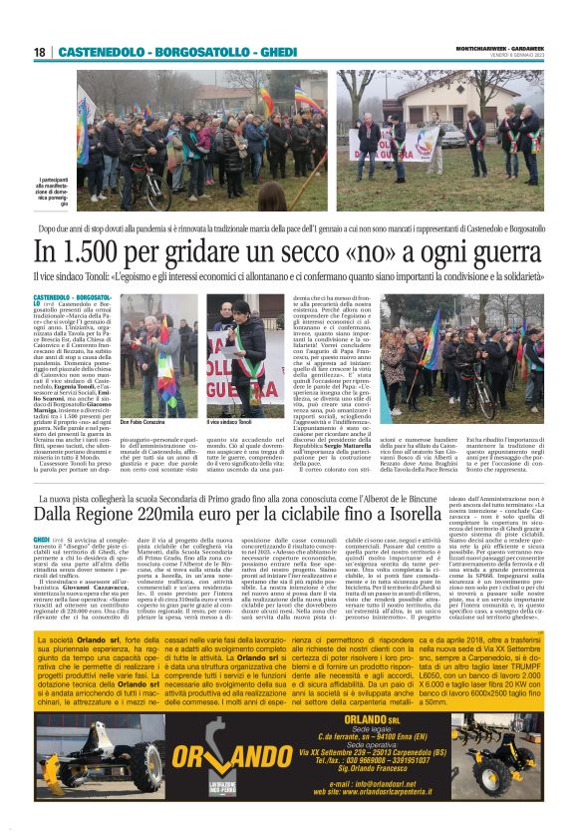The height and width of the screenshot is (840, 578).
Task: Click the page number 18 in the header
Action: pos(39,51)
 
